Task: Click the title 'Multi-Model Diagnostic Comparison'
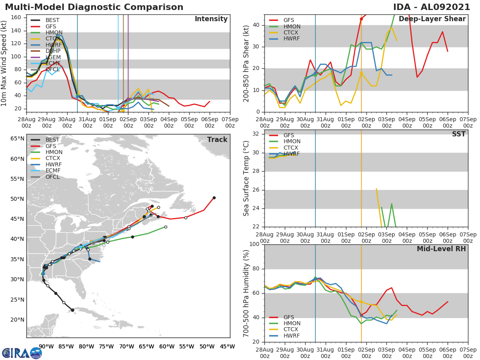click(94, 7)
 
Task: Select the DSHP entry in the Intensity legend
click(53, 51)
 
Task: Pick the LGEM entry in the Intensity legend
click(53, 57)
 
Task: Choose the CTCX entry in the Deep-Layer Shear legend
click(291, 32)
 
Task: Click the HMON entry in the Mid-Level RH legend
click(292, 323)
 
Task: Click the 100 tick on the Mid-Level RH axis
click(254, 244)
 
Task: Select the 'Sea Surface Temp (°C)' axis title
click(246, 178)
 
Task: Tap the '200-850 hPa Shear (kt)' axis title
click(246, 63)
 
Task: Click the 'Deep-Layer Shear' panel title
click(432, 19)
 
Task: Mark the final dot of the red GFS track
click(214, 198)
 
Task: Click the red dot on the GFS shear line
click(361, 19)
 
